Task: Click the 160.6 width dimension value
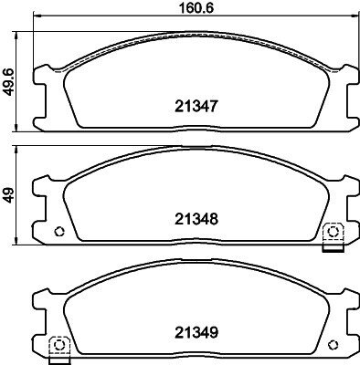tap(196, 8)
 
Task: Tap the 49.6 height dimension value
tap(8, 82)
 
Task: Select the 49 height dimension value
tap(8, 195)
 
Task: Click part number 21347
tap(196, 107)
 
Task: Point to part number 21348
tap(196, 219)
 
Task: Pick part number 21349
tap(196, 332)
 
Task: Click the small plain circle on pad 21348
tap(59, 232)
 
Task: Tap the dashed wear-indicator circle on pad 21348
tap(333, 232)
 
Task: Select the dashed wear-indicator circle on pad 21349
tap(58, 345)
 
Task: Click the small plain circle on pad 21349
tap(333, 345)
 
